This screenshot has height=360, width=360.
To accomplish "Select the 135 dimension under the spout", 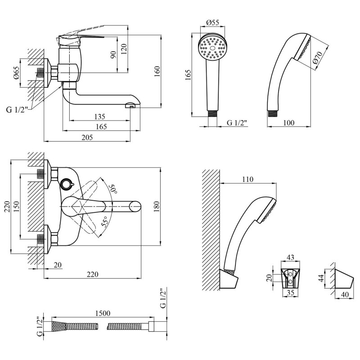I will (x=99, y=117).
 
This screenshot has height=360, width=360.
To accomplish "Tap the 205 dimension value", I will (x=87, y=138).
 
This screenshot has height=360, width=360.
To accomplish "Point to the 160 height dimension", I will (x=157, y=71).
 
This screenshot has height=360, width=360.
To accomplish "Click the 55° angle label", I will (x=104, y=221).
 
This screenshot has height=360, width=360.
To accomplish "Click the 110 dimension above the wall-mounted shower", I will (x=247, y=179).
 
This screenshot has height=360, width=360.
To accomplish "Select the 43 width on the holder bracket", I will (x=290, y=258).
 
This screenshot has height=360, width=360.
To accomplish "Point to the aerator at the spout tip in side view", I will (x=131, y=105).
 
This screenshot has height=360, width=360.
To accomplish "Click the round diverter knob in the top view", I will (x=67, y=183).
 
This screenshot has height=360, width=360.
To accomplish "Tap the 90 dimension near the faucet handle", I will (x=113, y=54).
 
